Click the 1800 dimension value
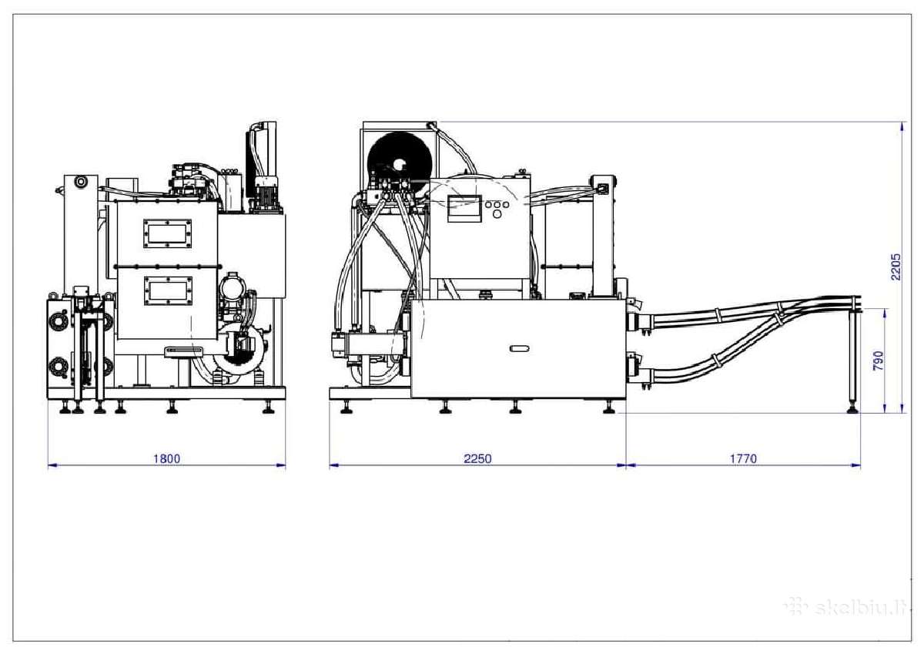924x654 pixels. point(166,459)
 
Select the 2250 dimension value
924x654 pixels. point(477,459)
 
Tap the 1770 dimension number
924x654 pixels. point(743,459)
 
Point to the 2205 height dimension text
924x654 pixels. point(896,267)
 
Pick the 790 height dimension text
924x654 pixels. point(879,361)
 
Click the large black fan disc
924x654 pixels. point(400,164)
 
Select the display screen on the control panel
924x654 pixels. point(464,208)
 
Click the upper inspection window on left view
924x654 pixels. point(168,233)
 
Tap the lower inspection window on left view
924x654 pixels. point(169,291)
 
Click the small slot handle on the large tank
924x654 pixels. point(519,349)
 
